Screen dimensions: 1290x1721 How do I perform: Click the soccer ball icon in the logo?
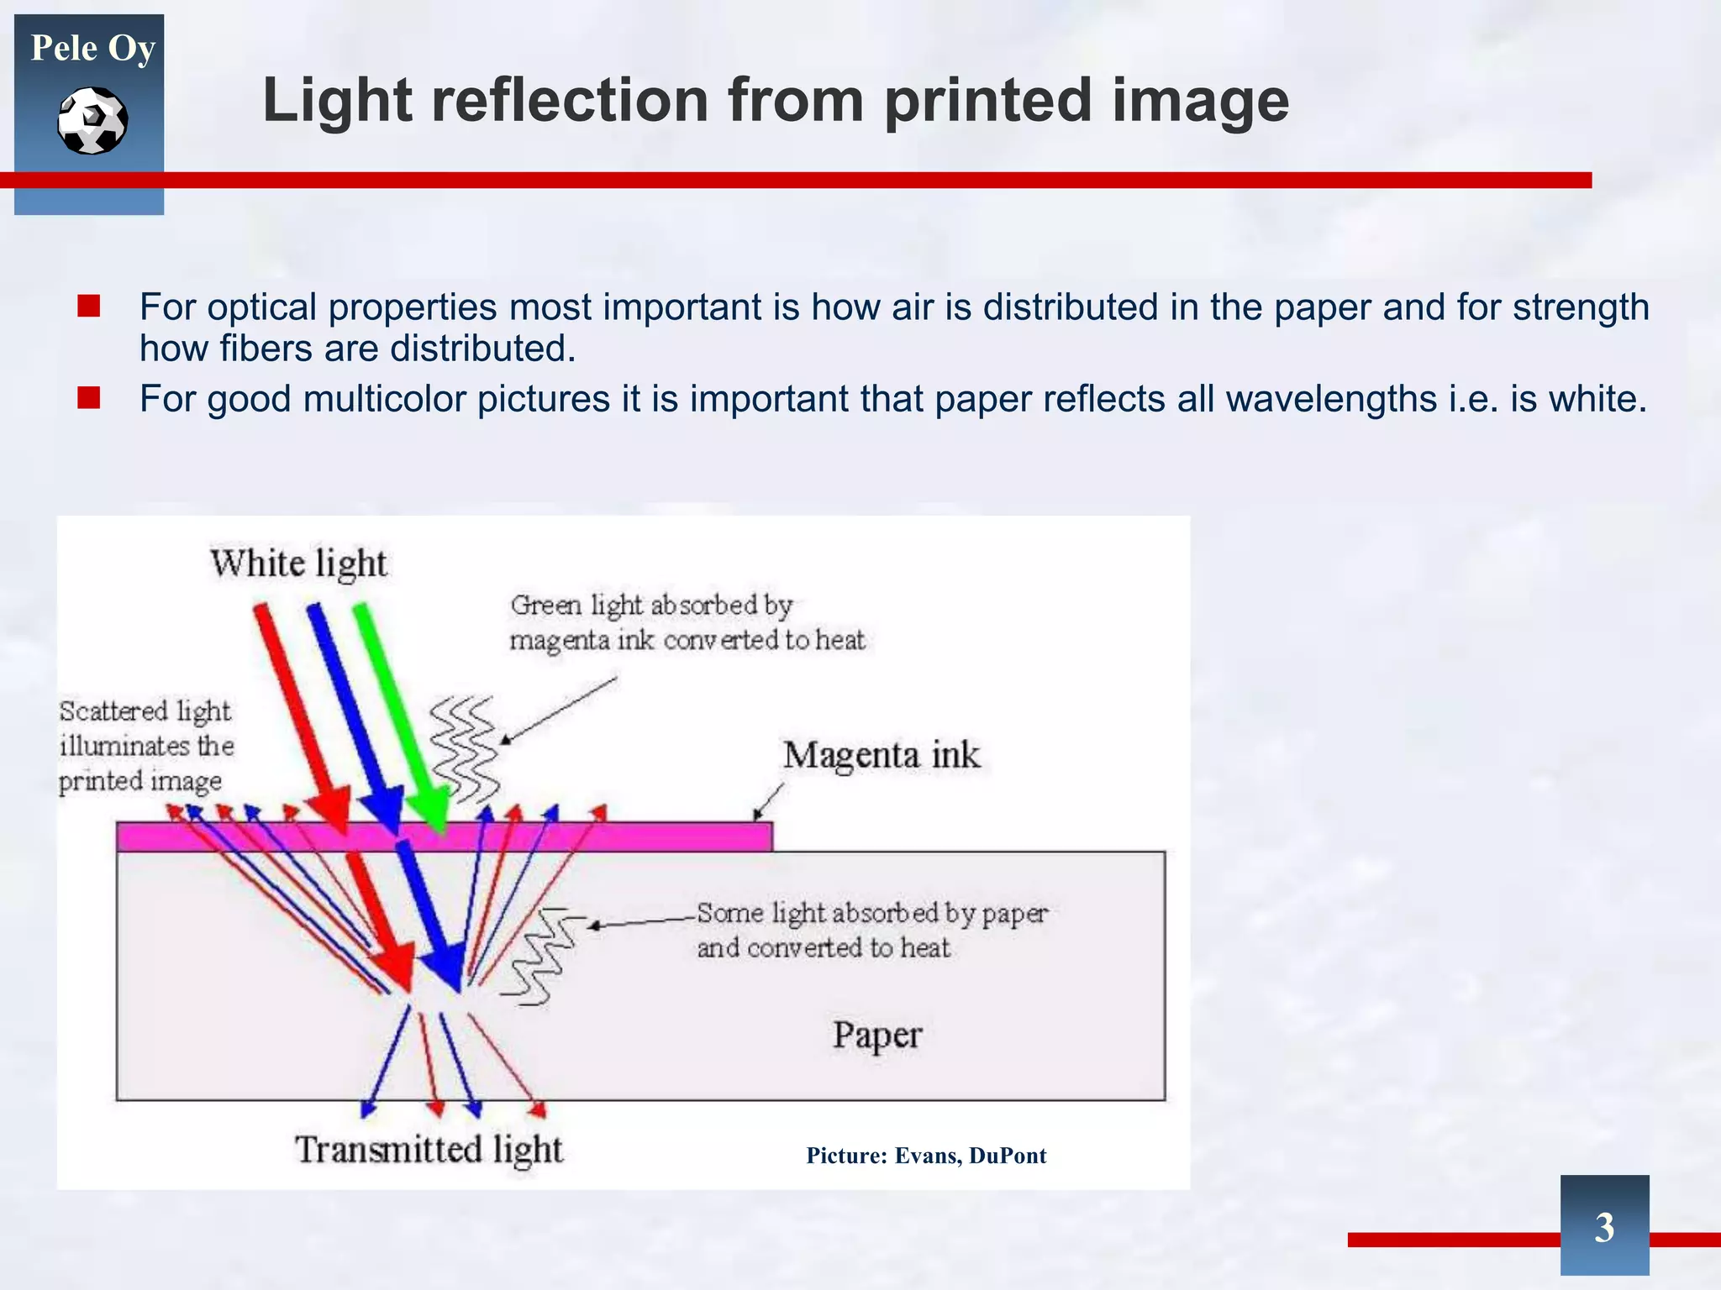pos(92,121)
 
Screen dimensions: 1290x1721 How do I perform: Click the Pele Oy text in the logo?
pos(92,48)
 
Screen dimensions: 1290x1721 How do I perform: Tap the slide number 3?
pos(1604,1227)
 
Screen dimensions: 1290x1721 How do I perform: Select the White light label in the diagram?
pos(298,564)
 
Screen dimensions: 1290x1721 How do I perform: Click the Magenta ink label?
pos(882,755)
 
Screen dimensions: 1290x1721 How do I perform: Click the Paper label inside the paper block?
pos(876,1036)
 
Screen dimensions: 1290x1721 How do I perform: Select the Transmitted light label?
pos(429,1150)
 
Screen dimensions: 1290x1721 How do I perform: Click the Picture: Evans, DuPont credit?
pos(926,1156)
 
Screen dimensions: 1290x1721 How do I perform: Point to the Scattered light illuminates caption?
pos(145,746)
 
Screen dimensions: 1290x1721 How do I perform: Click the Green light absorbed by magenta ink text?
pos(686,622)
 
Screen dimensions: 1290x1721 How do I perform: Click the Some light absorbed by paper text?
pos(871,931)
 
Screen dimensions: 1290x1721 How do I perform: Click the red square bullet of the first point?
pos(88,306)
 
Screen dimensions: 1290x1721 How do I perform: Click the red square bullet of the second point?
pos(88,397)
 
